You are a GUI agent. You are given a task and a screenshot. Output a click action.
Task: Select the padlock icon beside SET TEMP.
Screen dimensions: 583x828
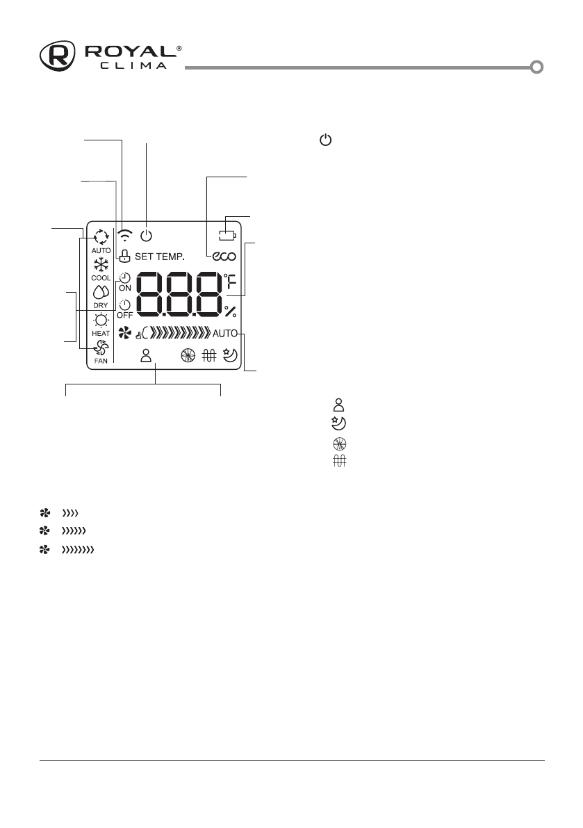point(125,257)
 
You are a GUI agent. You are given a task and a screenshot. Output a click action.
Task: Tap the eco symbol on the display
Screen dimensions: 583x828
point(224,257)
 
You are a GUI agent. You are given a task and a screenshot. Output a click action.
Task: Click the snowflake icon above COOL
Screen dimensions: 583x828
point(101,265)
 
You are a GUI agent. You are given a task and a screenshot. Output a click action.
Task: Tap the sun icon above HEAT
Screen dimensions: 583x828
point(101,320)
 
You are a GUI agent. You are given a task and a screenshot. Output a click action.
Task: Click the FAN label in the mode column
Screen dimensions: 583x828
point(101,362)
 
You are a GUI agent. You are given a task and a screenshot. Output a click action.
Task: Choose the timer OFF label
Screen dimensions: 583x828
point(124,314)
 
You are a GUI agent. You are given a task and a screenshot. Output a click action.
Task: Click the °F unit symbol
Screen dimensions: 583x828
point(230,281)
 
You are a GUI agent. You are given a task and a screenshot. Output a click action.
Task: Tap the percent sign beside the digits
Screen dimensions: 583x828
point(230,312)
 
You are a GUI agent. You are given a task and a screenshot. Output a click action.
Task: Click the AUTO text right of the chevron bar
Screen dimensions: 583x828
point(225,333)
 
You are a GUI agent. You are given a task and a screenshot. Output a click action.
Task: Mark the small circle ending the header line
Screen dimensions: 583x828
point(536,67)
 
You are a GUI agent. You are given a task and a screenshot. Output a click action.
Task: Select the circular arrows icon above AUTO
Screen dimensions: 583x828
point(101,236)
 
